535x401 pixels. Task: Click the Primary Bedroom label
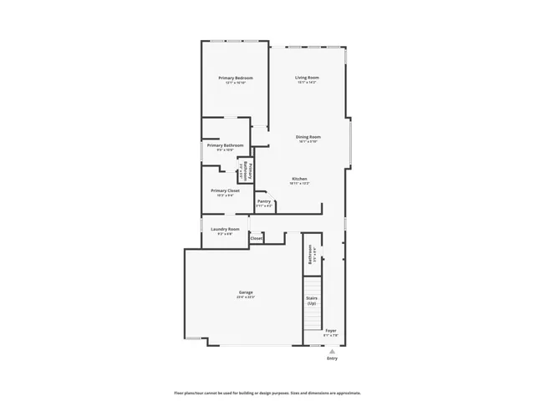(x=236, y=78)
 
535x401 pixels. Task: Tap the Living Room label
(x=307, y=78)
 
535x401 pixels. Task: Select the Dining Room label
(x=308, y=137)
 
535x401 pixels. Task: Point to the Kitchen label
(x=299, y=179)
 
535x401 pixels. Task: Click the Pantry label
(x=264, y=200)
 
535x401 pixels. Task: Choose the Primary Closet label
(x=226, y=190)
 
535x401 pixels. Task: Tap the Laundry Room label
(x=225, y=229)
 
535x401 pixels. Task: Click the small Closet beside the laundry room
(x=256, y=238)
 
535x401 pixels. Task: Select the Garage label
(x=245, y=292)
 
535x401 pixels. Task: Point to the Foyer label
(x=331, y=330)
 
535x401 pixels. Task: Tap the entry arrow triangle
(x=333, y=352)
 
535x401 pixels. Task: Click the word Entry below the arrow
(x=333, y=359)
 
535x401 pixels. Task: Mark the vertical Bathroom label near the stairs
(x=310, y=254)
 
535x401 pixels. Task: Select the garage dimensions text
(x=245, y=297)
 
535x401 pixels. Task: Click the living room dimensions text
(x=307, y=83)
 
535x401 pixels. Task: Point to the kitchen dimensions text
(x=299, y=184)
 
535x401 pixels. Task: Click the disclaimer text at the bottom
(x=267, y=392)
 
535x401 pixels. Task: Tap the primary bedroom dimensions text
(x=236, y=83)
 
